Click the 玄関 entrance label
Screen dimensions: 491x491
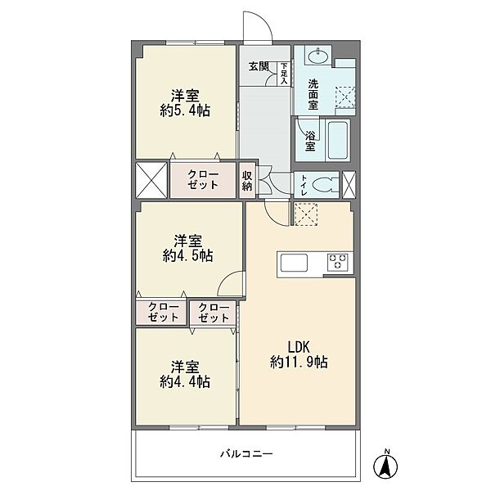[259, 67]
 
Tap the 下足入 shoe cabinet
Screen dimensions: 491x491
[284, 74]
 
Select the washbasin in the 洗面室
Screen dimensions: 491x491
[318, 56]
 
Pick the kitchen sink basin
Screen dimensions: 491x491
[294, 263]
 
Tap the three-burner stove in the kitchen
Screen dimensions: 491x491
[337, 262]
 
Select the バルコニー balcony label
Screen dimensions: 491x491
[246, 453]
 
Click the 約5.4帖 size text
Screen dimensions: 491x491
[185, 110]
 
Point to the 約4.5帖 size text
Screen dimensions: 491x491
[188, 256]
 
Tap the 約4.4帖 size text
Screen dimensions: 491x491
[185, 381]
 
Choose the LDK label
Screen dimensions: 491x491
[299, 347]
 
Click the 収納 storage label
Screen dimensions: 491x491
[247, 181]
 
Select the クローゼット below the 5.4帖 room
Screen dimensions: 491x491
[203, 179]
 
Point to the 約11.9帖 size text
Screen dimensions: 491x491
[299, 363]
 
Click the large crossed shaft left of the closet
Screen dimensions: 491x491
[151, 180]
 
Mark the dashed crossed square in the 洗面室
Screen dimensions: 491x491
[345, 97]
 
